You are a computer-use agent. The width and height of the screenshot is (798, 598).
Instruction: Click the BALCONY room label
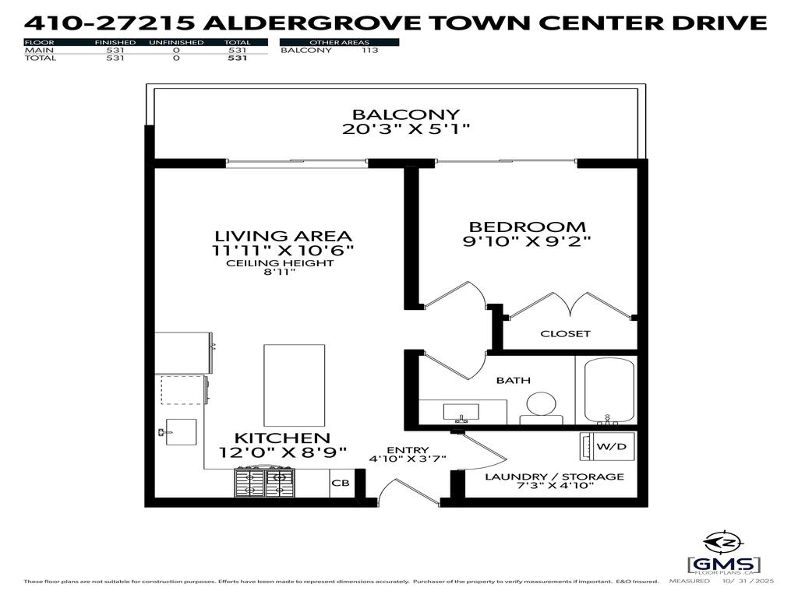[x=405, y=114]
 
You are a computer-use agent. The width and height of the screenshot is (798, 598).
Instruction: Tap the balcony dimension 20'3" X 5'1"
[x=405, y=129]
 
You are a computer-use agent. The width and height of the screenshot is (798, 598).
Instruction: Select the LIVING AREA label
[x=284, y=235]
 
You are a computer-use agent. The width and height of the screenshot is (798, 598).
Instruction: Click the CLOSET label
[x=566, y=333]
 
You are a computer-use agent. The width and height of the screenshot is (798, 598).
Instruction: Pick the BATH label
[x=514, y=380]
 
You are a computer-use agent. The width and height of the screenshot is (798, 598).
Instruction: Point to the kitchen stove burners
[x=266, y=480]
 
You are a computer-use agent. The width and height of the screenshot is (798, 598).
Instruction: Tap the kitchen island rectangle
[x=294, y=384]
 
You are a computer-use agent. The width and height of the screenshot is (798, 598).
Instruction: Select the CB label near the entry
[x=341, y=484]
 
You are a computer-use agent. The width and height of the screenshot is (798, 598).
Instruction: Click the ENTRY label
[x=407, y=449]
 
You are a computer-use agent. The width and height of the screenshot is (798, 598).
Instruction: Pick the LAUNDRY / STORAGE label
[x=554, y=477]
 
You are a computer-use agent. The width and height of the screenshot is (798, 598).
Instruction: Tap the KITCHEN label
[x=282, y=438]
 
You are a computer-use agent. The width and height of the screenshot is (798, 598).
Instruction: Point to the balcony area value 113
[x=369, y=51]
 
